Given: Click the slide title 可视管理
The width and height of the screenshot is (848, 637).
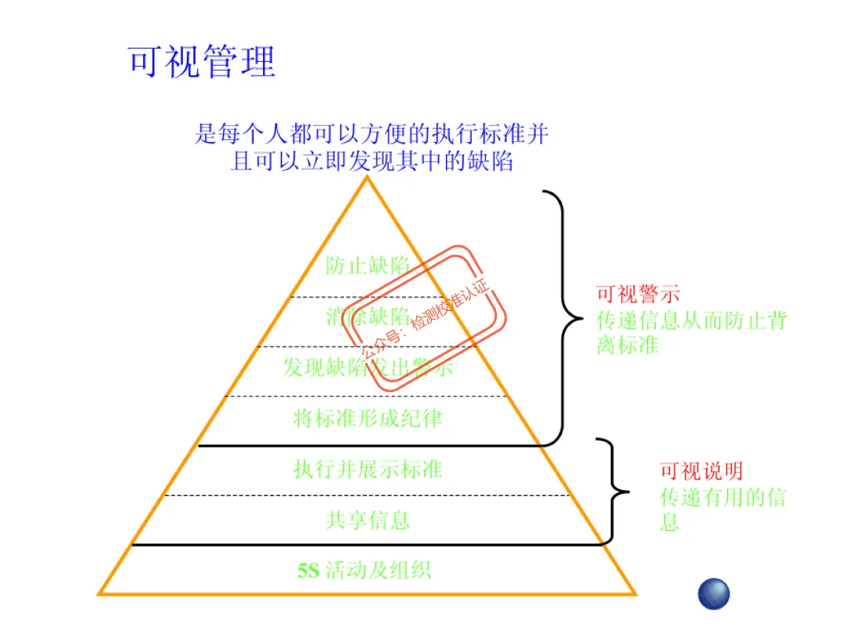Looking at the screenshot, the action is (x=202, y=62).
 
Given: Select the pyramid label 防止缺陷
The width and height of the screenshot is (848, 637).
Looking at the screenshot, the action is (x=367, y=266).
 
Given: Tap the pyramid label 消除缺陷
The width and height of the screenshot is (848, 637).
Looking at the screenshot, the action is (x=367, y=317).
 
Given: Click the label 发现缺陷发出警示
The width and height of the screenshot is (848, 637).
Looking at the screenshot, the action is (x=367, y=367).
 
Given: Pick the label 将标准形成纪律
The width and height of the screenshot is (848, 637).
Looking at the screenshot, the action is (x=367, y=418).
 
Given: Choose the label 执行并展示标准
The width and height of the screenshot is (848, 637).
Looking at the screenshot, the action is (x=367, y=469).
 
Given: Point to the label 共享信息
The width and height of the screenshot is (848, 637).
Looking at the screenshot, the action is (x=367, y=519).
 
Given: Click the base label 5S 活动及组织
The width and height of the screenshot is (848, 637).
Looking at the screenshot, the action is (x=364, y=569).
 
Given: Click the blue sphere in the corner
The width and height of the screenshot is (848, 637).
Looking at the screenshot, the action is (x=714, y=594).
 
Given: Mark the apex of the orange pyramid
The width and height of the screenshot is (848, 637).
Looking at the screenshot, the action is (x=367, y=178).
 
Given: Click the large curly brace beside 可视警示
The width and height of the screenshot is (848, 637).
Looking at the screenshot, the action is (x=565, y=318).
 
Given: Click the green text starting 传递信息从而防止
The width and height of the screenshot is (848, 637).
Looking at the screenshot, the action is (x=691, y=332).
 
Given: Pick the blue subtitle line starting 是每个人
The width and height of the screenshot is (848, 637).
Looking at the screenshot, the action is (x=371, y=134).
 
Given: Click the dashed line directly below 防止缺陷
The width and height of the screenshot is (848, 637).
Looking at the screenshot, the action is (x=367, y=297).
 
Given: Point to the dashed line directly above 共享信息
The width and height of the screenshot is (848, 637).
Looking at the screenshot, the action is (x=367, y=496).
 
